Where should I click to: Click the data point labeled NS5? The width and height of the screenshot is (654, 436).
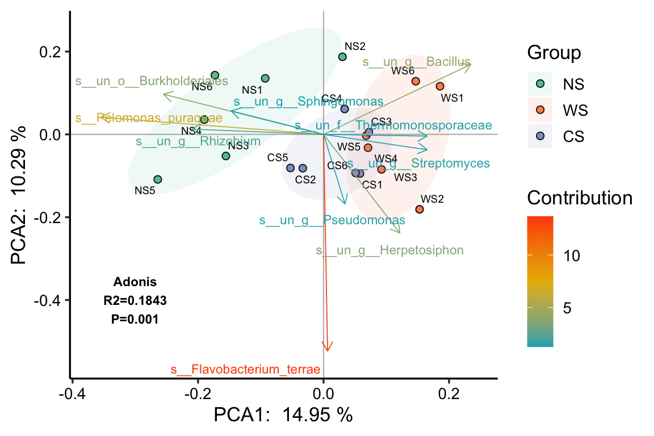158,179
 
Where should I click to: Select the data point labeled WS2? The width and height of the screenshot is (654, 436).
420,209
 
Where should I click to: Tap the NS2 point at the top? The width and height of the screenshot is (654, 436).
342,57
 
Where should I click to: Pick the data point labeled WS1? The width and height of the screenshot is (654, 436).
440,86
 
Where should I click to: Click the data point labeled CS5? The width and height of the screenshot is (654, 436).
291,168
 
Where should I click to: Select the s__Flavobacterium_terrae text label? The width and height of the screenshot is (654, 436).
246,370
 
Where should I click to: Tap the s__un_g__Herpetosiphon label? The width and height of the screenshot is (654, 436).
389,250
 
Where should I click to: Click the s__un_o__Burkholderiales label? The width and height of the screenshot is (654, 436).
152,81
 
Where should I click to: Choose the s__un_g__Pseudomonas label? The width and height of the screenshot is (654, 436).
332,220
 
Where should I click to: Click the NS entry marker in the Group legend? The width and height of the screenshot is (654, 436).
540,83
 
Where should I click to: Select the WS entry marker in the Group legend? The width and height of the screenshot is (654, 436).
540,110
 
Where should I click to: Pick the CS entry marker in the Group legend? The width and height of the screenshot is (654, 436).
540,136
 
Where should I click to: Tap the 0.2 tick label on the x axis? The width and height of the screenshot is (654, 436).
448,394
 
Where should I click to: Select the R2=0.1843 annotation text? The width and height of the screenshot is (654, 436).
135,300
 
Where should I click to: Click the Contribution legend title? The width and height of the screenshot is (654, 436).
580,198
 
